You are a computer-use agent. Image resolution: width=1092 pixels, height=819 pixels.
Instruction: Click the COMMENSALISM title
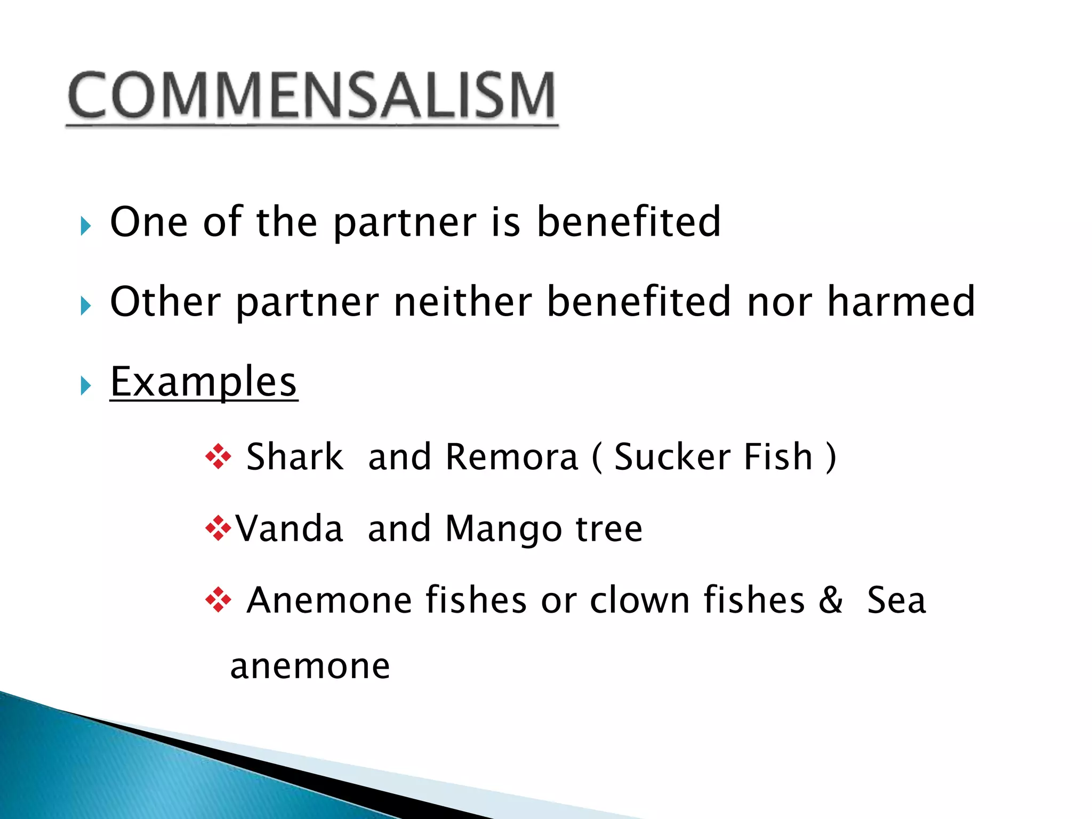312,96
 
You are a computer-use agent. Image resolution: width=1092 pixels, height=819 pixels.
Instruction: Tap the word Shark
295,457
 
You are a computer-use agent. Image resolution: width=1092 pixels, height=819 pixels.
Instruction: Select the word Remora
512,457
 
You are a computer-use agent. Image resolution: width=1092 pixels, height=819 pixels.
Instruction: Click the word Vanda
290,529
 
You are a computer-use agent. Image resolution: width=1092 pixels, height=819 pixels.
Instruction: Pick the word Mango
503,529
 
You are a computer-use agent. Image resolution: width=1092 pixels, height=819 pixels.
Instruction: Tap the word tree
609,529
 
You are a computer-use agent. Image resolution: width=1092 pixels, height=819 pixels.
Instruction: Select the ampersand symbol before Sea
831,600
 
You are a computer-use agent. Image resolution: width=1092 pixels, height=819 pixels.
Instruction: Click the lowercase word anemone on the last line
310,667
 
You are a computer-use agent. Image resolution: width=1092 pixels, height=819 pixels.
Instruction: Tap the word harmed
901,302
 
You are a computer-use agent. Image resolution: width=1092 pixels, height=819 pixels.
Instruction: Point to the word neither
463,302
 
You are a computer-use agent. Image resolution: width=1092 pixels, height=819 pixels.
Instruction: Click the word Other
164,302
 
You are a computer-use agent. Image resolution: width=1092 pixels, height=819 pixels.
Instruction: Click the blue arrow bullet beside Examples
86,385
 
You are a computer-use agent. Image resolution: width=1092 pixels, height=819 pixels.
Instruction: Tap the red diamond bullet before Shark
218,457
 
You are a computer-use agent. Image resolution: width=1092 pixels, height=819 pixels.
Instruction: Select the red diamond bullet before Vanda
218,529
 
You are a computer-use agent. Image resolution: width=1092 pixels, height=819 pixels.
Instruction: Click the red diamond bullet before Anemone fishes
218,600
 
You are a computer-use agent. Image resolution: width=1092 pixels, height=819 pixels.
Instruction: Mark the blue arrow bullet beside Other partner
86,306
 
